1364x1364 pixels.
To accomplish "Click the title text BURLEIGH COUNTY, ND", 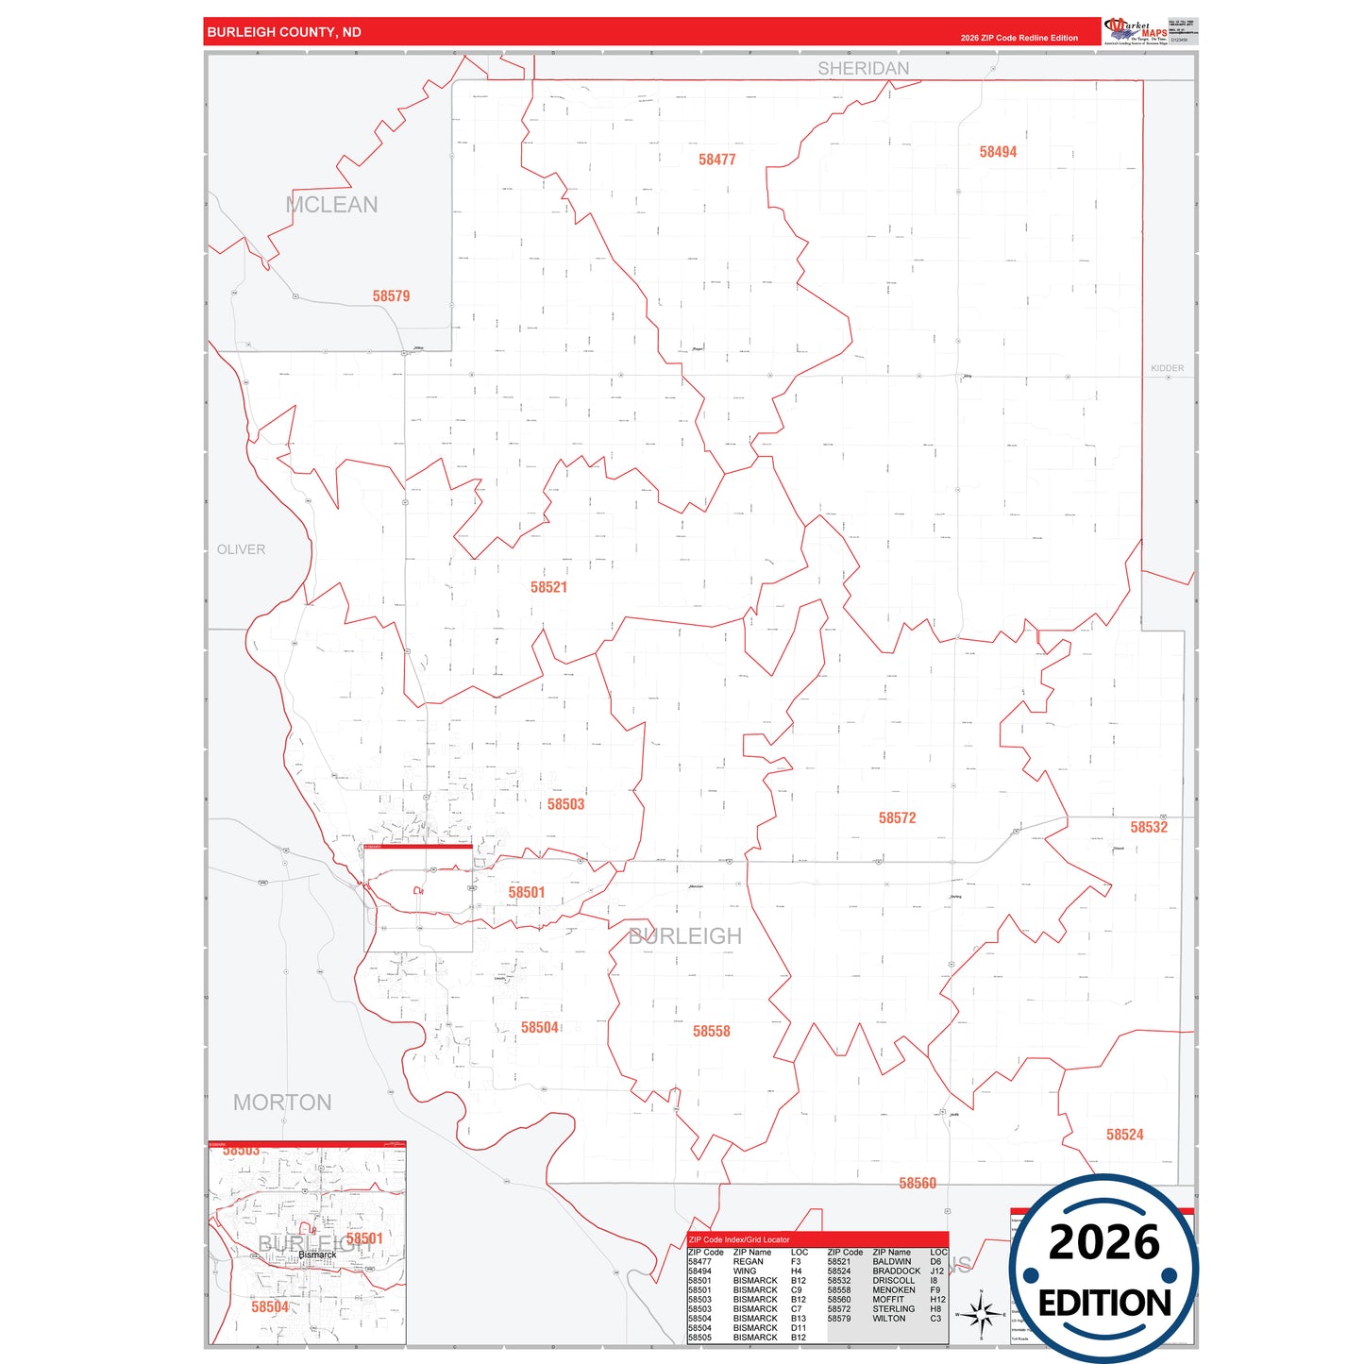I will pos(284,32).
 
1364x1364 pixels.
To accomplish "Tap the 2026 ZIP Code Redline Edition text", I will pos(1019,38).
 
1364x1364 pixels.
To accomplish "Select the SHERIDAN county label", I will pos(863,68).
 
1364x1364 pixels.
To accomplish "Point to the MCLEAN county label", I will pos(331,205).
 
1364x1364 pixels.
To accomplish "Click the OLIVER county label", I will pos(241,549).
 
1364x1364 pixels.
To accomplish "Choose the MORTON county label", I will pos(282,1103).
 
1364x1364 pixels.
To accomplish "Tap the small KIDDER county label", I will pos(1167,368).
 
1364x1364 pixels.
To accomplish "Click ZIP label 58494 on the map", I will pos(998,152).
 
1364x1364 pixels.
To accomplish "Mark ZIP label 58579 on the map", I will pos(391,296).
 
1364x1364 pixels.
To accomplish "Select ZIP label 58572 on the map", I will pos(897,818).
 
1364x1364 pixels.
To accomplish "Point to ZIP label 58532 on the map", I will pos(1149,827).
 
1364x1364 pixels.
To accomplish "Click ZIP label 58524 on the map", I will pos(1124,1135).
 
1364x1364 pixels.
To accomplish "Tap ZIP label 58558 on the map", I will pos(711,1032).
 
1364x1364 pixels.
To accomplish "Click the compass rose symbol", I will pos(981,1313).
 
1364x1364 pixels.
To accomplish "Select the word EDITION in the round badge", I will pos(1103,1304).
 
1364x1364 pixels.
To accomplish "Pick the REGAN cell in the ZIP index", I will pos(748,1262).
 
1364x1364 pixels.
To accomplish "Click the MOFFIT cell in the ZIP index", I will pos(887,1300).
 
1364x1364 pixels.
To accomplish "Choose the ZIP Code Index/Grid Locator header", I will pos(739,1239).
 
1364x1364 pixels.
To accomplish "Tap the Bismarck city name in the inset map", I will pos(317,1255).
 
